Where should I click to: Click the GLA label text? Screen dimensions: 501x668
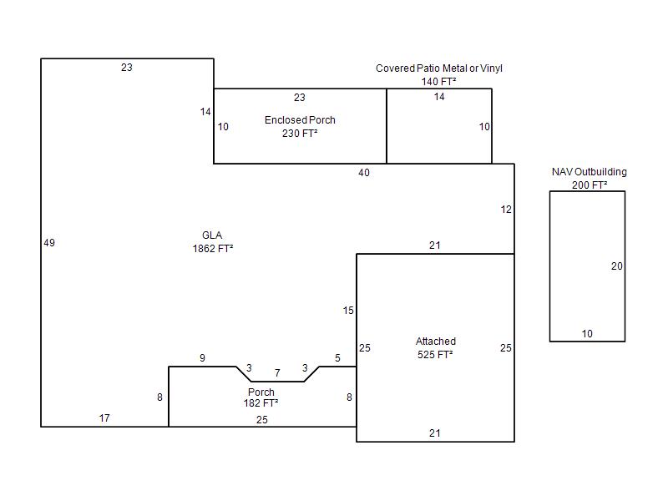212,235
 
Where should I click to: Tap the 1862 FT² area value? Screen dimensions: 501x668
212,247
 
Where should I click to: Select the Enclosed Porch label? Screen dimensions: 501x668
300,120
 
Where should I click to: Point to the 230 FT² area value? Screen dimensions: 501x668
300,133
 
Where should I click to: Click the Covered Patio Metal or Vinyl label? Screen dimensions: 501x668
439,68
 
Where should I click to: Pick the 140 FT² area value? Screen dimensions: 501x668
439,82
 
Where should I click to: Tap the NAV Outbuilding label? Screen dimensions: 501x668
589,172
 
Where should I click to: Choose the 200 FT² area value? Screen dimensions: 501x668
589,185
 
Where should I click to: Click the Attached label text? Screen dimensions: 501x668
436,342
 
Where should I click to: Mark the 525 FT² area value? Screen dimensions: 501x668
436,354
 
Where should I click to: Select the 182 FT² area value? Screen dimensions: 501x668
261,402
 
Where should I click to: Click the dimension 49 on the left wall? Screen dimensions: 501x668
49,243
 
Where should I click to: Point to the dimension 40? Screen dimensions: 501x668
363,173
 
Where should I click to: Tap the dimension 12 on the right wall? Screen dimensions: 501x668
506,210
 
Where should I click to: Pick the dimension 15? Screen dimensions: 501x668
348,311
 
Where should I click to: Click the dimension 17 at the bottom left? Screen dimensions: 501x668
104,418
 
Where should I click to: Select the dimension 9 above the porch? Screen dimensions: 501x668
202,358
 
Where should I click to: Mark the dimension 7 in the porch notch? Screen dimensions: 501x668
277,372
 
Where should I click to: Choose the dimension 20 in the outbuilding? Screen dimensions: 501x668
616,266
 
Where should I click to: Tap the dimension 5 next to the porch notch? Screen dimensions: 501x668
337,358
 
